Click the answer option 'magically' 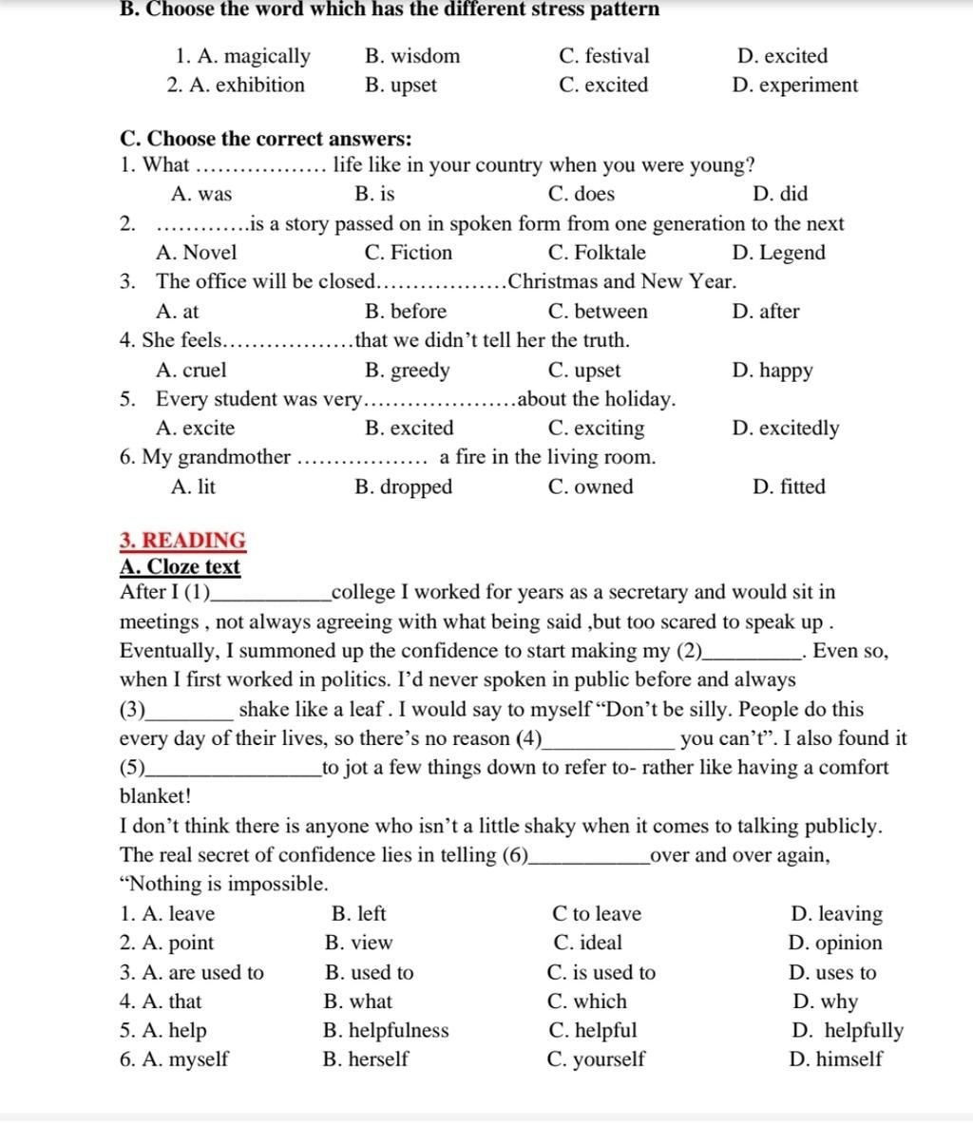[x=267, y=56]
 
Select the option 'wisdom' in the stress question [x=425, y=56]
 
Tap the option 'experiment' [x=808, y=86]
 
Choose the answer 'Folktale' [x=610, y=253]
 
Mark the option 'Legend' [x=792, y=253]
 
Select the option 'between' [x=611, y=312]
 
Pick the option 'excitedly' [x=799, y=429]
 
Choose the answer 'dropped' [x=416, y=487]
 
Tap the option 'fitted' [x=802, y=487]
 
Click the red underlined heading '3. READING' [x=183, y=541]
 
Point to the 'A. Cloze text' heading [x=181, y=567]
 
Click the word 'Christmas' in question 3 [x=553, y=282]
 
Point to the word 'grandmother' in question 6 [x=234, y=458]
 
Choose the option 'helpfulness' [x=398, y=1031]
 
